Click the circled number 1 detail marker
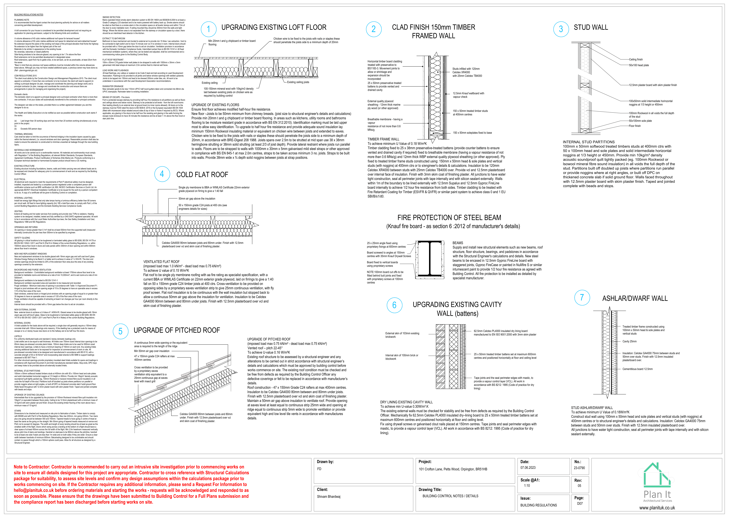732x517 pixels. [x=209, y=29]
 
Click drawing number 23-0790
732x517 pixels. [x=579, y=468]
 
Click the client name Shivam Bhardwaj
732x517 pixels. [x=328, y=497]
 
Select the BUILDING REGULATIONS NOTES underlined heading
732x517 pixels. [x=29, y=15]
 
